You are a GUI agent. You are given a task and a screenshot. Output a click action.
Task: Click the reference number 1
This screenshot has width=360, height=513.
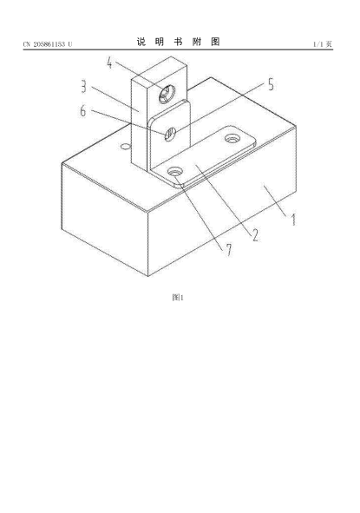click(293, 220)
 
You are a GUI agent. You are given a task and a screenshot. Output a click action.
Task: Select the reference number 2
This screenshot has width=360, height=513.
click(255, 235)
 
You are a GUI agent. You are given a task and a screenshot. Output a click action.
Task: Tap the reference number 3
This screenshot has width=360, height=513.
click(84, 87)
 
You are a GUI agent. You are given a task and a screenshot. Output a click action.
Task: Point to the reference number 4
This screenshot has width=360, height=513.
click(109, 62)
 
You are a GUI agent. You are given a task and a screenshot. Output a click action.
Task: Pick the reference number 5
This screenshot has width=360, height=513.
click(271, 84)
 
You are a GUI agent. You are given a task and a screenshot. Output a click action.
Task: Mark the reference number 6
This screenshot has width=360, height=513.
click(83, 110)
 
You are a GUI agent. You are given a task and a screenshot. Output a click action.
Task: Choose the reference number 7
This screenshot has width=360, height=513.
click(228, 250)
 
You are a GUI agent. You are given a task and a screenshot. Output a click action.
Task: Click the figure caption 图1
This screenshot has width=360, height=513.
click(178, 298)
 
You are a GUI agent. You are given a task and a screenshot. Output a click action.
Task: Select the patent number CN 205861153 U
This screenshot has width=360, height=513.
click(48, 44)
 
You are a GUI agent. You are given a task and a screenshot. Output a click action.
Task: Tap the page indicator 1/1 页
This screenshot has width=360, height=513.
click(323, 44)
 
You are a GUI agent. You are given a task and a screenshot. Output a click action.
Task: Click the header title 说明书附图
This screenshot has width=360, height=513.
click(178, 42)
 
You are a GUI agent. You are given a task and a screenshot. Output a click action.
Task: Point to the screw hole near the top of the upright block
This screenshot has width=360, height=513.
click(167, 95)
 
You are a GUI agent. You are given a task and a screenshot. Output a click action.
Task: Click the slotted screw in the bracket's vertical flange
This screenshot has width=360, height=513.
click(170, 134)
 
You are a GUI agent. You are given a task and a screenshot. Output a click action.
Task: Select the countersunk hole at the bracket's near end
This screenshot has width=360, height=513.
click(174, 171)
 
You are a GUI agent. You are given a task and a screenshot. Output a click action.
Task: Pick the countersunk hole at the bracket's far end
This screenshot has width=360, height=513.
click(232, 139)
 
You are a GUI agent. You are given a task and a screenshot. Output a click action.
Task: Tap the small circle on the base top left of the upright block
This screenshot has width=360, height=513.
click(125, 146)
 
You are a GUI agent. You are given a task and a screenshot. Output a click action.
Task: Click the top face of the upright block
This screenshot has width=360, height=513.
click(160, 70)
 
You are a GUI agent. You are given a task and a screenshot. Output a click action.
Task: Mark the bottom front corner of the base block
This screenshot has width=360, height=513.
click(148, 276)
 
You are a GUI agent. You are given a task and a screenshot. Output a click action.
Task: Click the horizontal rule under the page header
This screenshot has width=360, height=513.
click(178, 49)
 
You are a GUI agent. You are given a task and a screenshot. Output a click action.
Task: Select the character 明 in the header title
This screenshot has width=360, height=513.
click(160, 42)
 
